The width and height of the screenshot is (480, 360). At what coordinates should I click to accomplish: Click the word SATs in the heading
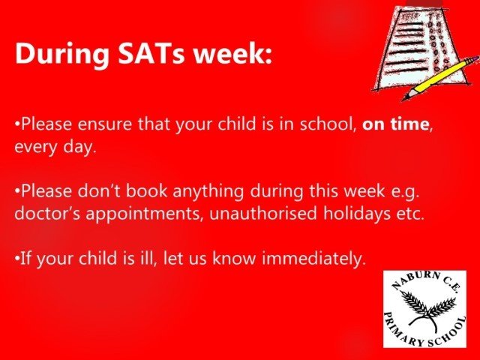[151, 53]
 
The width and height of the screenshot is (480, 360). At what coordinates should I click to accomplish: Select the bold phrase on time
[395, 124]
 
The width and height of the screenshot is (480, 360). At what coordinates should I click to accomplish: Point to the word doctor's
[47, 213]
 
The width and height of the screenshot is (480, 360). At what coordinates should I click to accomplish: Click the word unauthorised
[263, 213]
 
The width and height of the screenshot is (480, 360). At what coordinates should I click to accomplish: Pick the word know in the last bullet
[234, 259]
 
